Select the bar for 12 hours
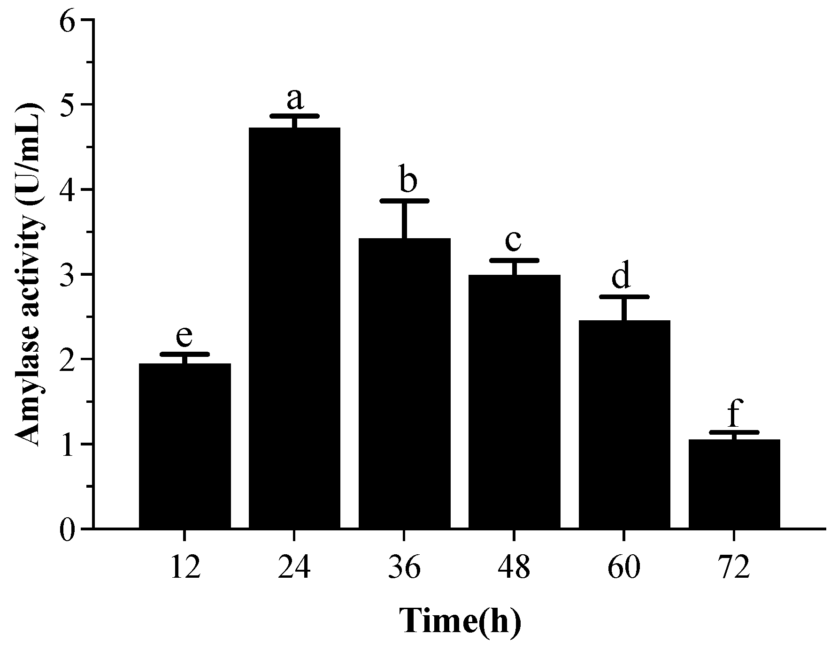pos(185,446)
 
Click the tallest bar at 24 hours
pos(294,328)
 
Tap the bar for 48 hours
pos(514,402)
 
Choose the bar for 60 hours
pos(624,424)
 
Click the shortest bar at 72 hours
pos(734,484)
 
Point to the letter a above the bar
pos(294,98)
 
